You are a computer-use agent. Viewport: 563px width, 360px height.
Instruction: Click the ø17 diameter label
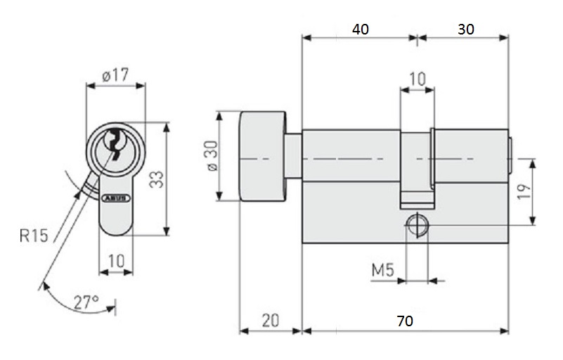(x=115, y=75)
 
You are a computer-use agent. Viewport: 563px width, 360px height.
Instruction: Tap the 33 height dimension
(x=157, y=179)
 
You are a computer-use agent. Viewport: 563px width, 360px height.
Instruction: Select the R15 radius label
(x=34, y=236)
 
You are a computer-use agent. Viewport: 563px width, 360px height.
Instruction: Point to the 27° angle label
(x=86, y=302)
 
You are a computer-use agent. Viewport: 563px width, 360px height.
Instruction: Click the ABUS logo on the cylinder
(x=116, y=198)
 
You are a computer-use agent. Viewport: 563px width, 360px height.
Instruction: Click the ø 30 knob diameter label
(x=213, y=156)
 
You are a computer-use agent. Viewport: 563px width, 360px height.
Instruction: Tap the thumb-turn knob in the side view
(x=263, y=156)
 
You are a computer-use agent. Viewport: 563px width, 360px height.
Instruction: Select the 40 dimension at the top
(x=360, y=29)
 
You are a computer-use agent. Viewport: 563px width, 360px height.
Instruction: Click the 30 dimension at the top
(x=466, y=29)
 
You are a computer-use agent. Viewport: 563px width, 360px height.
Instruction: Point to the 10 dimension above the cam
(x=418, y=79)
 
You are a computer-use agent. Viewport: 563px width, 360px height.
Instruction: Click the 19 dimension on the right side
(x=524, y=191)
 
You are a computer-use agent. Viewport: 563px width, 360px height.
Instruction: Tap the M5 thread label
(x=383, y=270)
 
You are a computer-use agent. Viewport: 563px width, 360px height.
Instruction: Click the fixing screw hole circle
(x=418, y=225)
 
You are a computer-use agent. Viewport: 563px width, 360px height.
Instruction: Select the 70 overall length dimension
(x=405, y=321)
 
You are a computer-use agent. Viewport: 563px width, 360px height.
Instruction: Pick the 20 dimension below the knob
(x=271, y=321)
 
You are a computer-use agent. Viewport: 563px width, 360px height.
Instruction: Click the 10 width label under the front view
(x=116, y=261)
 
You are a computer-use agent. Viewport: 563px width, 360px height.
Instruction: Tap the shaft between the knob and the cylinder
(x=294, y=157)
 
